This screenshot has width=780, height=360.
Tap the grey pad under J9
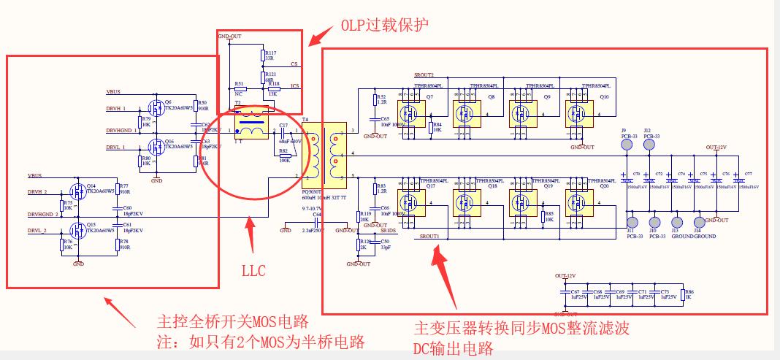(626, 145)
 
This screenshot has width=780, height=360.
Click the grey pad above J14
(699, 222)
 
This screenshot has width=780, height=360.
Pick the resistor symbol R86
(682, 294)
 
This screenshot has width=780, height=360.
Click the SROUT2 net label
(424, 75)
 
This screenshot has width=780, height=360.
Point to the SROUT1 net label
(429, 237)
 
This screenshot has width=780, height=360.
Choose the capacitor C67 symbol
(564, 294)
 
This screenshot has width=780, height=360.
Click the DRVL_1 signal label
(117, 147)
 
